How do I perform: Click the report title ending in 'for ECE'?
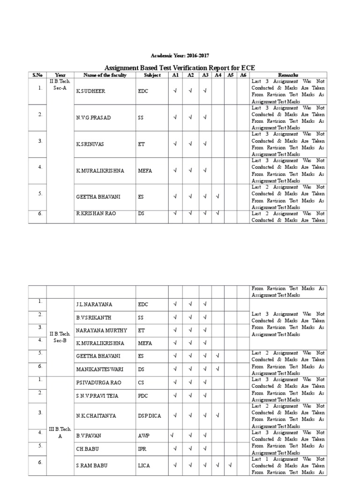tap(180, 67)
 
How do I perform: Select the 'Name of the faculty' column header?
tap(105, 75)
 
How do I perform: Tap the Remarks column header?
tap(288, 75)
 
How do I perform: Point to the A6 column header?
tap(243, 75)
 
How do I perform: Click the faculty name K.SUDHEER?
tap(90, 91)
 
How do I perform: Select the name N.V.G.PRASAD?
tap(93, 117)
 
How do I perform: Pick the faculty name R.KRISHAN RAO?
tap(96, 213)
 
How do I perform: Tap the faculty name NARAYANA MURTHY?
tap(101, 330)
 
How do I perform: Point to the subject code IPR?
tap(142, 449)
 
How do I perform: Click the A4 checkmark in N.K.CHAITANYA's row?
tap(217, 415)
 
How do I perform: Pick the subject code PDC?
tap(143, 396)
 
